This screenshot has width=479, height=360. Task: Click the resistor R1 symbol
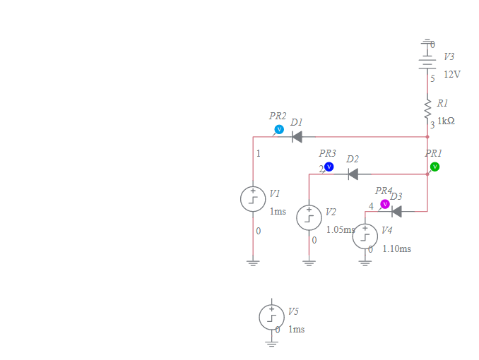427,109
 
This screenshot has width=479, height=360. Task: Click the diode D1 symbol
297,137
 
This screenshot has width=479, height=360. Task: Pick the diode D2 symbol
353,174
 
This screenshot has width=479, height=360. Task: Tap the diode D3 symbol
396,211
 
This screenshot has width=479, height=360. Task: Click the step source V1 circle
253,199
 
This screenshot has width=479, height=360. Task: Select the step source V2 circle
309,217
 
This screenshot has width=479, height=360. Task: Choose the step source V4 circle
365,235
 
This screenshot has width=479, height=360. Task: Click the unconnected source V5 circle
272,317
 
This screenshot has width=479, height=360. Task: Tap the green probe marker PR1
434,167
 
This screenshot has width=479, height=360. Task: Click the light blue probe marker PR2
279,129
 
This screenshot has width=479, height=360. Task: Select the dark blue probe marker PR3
329,167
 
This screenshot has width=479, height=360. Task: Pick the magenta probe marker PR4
385,204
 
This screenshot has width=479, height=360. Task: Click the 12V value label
451,74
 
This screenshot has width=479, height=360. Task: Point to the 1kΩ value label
446,121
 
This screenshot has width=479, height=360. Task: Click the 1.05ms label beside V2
340,230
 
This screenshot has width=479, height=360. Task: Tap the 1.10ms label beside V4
396,248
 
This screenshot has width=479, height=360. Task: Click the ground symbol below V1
253,263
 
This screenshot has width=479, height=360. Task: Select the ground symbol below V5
272,342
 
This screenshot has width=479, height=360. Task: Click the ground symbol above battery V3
427,44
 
